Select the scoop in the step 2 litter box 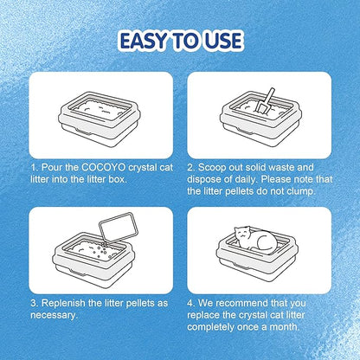pos(265,101)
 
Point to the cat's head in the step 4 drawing pos(243,234)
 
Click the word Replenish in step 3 pos(61,304)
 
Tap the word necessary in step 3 pos(54,315)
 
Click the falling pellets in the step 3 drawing pos(103,250)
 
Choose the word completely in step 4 pos(210,328)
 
